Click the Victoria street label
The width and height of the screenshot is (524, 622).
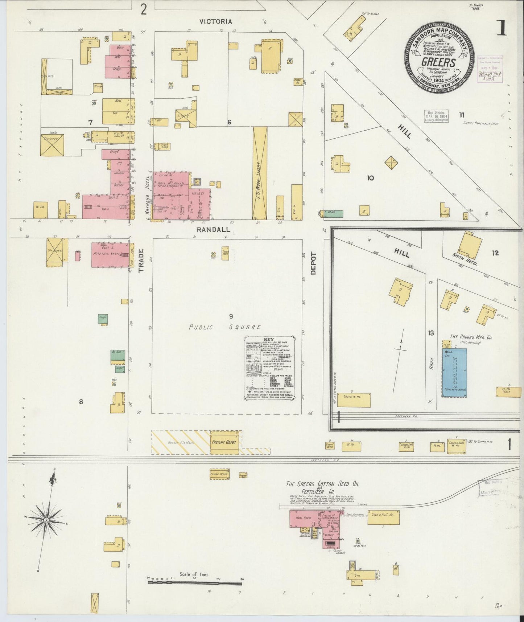point(215,22)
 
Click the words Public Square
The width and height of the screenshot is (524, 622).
point(224,327)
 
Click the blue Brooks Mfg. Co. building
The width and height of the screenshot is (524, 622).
point(454,373)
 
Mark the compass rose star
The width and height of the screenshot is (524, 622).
point(46,521)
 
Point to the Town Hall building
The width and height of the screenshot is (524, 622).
point(225,253)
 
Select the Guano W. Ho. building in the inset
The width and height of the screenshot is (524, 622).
point(354,400)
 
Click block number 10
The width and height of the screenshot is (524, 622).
point(370,178)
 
